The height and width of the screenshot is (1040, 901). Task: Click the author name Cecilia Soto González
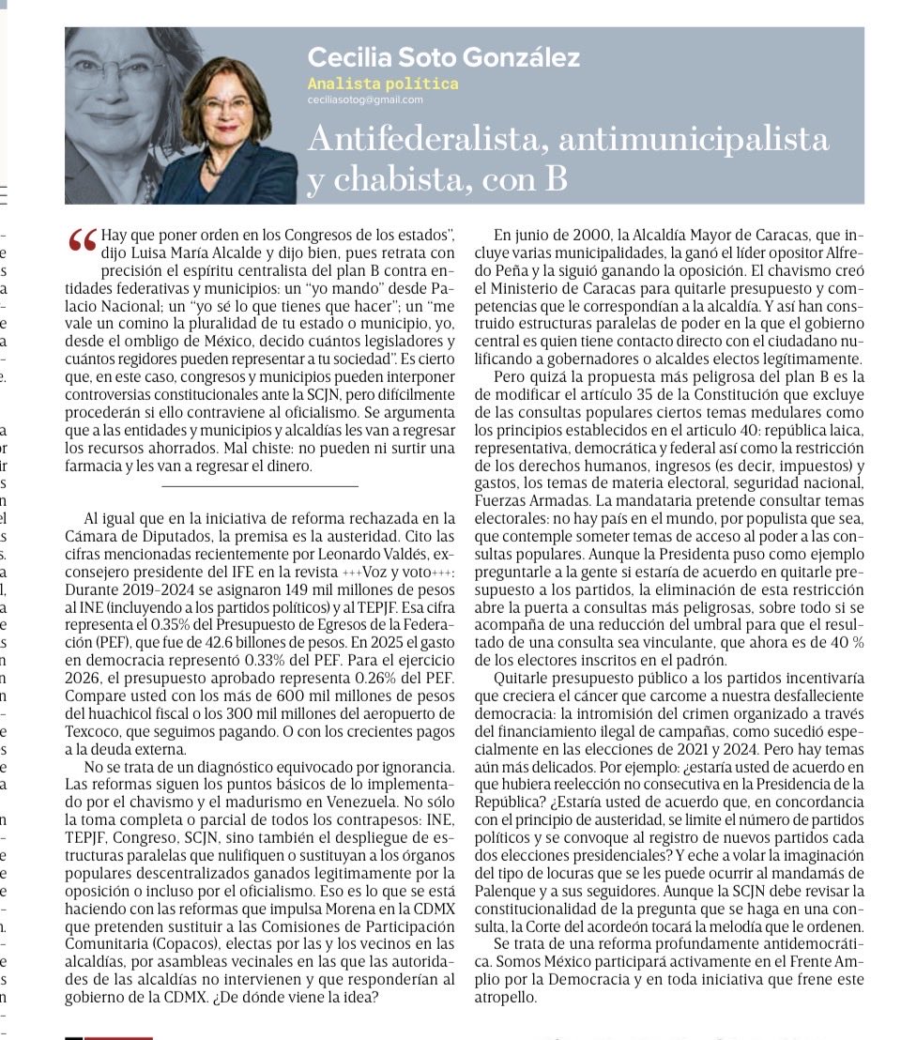coord(443,57)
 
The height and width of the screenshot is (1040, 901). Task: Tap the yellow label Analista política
coord(383,84)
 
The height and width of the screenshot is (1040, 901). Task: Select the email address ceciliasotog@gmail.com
coord(365,99)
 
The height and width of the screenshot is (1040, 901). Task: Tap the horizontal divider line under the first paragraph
coord(260,486)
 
